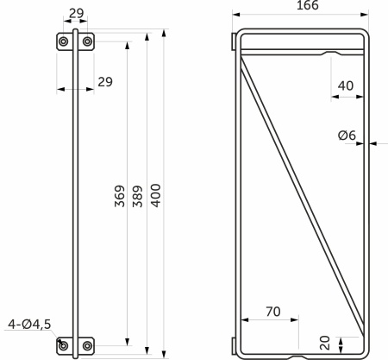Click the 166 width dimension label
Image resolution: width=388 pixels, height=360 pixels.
pos(307,5)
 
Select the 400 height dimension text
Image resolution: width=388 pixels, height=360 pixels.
pos(156,196)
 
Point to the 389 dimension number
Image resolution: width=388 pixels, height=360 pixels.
pos(138,197)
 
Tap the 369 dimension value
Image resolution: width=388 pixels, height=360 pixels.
pos(120,196)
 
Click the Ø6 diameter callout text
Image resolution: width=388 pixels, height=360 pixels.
pos(347,136)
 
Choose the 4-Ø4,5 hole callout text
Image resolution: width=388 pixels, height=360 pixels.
pos(29,325)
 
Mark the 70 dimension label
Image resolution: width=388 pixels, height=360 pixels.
pos(273,312)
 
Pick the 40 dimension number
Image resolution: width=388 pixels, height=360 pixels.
pos(346,85)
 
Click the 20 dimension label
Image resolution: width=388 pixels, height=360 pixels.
pos(325,343)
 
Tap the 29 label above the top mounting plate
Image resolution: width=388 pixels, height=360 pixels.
pos(77,13)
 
